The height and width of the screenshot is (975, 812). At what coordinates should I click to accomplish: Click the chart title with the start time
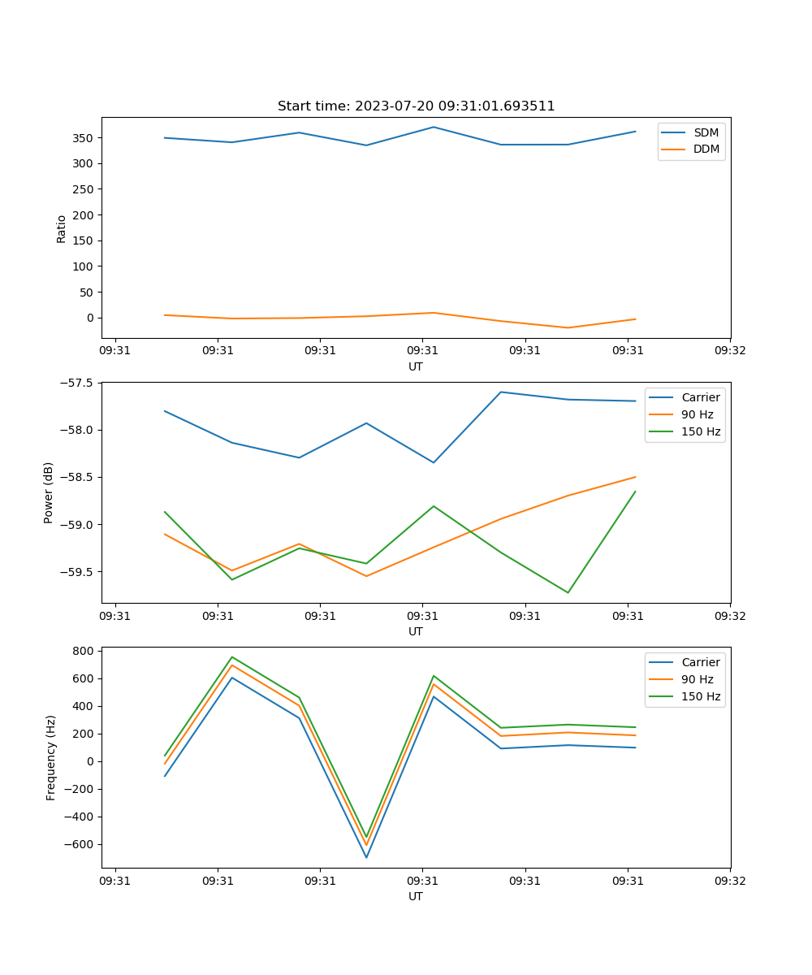[416, 106]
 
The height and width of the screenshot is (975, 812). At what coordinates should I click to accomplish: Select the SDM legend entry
[706, 132]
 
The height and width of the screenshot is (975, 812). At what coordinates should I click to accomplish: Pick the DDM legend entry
[706, 149]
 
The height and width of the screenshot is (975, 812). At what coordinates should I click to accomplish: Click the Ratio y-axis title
[62, 227]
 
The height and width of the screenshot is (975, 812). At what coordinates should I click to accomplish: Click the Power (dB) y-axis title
[49, 492]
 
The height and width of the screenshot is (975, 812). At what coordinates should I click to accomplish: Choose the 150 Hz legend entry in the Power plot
[701, 431]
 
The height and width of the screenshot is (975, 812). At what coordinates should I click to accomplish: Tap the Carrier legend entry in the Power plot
[701, 397]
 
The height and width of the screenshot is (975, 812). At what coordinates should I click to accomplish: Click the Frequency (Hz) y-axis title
[50, 757]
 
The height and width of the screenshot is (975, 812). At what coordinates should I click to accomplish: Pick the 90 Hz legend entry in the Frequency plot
[698, 679]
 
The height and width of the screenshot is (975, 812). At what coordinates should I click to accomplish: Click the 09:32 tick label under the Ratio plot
[730, 351]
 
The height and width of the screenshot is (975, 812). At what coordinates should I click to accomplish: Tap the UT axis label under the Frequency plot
[416, 896]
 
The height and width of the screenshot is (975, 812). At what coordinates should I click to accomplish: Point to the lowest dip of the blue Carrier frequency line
[366, 857]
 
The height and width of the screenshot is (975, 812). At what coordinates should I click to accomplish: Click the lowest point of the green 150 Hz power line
[568, 592]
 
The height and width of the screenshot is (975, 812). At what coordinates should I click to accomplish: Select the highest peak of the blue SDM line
[434, 127]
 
